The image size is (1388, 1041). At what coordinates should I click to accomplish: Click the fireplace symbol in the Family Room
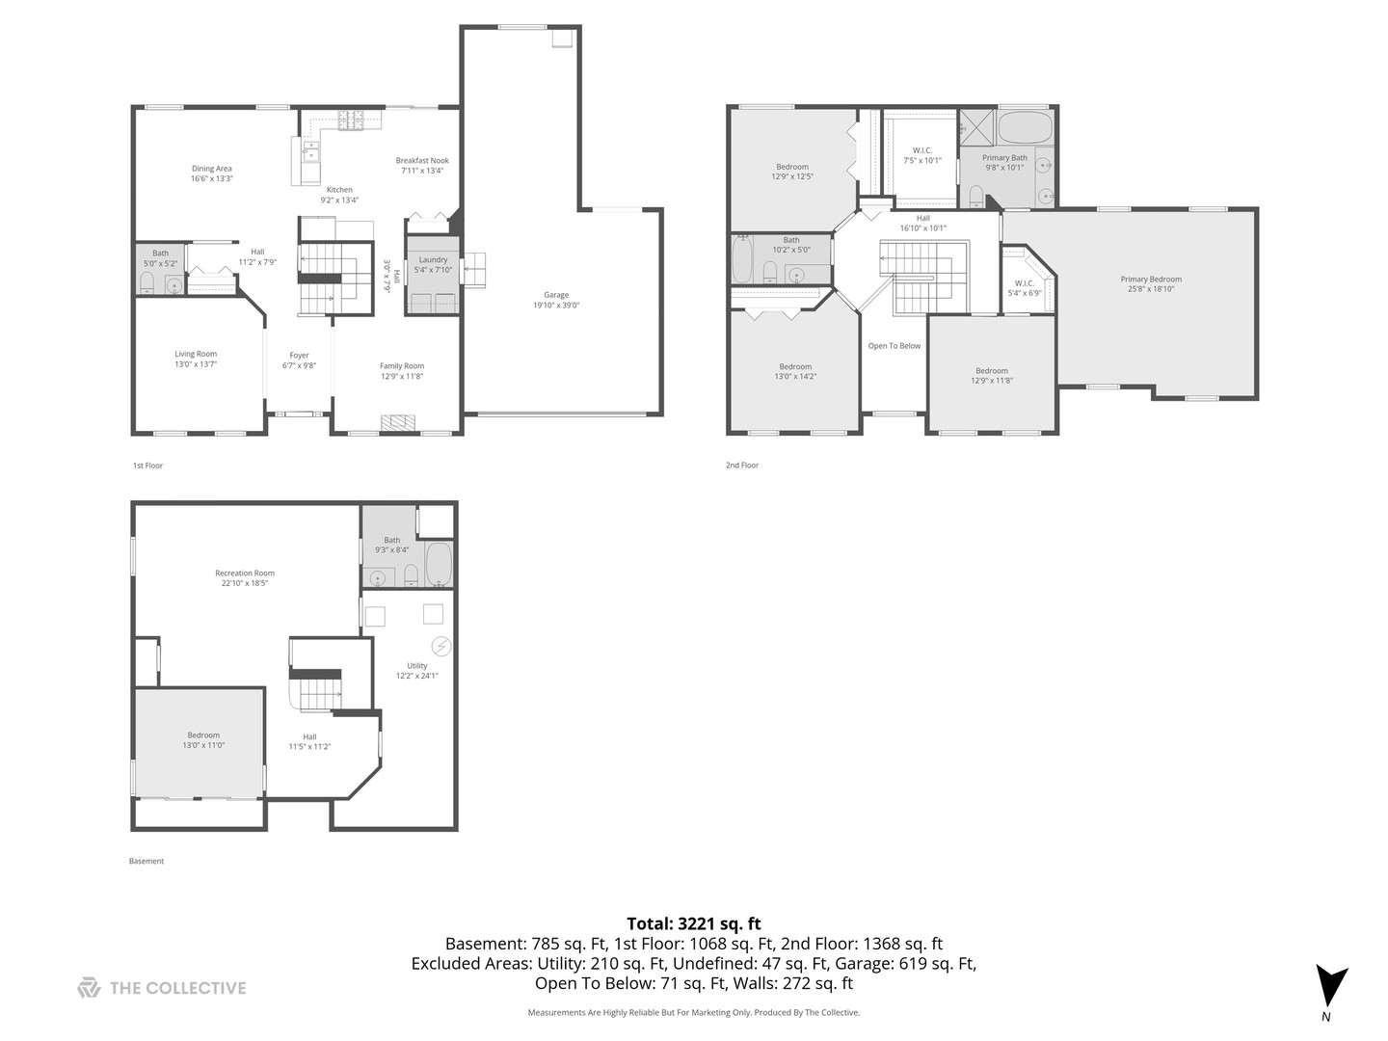395,423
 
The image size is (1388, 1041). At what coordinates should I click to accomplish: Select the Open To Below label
894,346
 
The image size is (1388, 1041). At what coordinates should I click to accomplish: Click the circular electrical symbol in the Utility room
440,646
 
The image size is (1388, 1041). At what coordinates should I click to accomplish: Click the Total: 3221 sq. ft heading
693,923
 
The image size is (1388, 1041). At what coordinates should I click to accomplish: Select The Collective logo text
177,988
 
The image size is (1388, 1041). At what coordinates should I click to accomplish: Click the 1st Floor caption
147,466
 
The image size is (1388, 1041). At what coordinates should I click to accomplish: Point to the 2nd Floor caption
741,466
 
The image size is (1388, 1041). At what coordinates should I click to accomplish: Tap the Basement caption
147,862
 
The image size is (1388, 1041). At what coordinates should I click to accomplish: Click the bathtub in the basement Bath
439,564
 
